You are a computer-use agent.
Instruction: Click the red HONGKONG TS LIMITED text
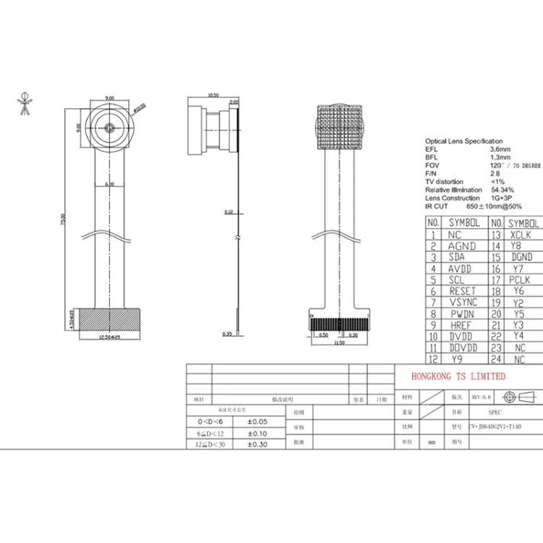tap(458, 376)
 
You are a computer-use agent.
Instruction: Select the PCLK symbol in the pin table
tap(519, 279)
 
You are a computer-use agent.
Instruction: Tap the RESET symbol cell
tap(463, 291)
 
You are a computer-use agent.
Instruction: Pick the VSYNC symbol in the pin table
tap(463, 302)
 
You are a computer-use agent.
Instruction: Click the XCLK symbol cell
tap(520, 235)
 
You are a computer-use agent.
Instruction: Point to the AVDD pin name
tap(460, 269)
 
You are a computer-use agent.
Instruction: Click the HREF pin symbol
tap(460, 325)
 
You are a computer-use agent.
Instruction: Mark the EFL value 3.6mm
tap(500, 149)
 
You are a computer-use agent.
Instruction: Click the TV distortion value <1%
tap(498, 181)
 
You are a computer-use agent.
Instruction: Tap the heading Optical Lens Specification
tap(463, 141)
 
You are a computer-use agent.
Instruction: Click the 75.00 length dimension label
tap(62, 216)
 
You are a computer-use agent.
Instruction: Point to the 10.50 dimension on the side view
tap(213, 95)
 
